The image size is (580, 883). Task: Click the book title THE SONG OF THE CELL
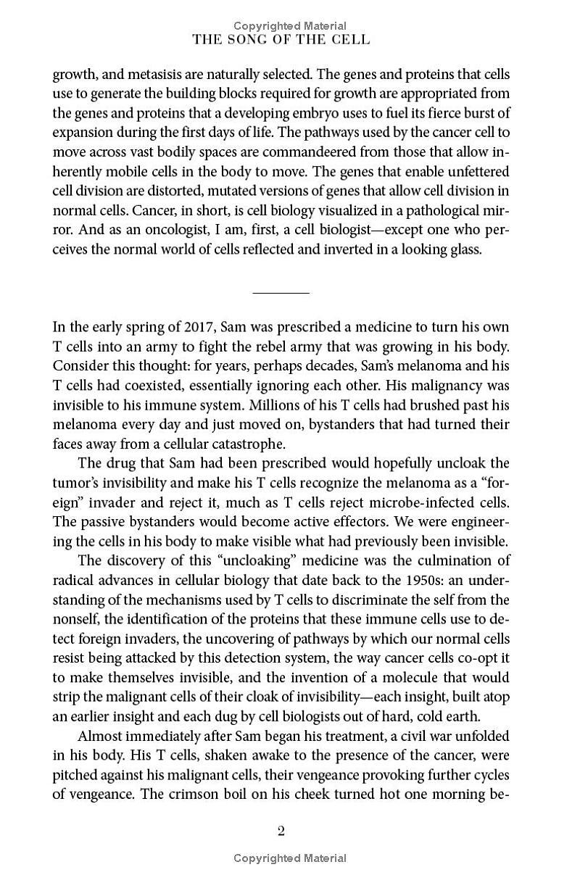click(281, 41)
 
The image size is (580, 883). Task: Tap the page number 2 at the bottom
click(281, 831)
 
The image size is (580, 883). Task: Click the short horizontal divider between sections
click(281, 293)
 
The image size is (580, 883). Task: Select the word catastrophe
click(229, 444)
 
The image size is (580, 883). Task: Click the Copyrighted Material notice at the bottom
click(289, 858)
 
